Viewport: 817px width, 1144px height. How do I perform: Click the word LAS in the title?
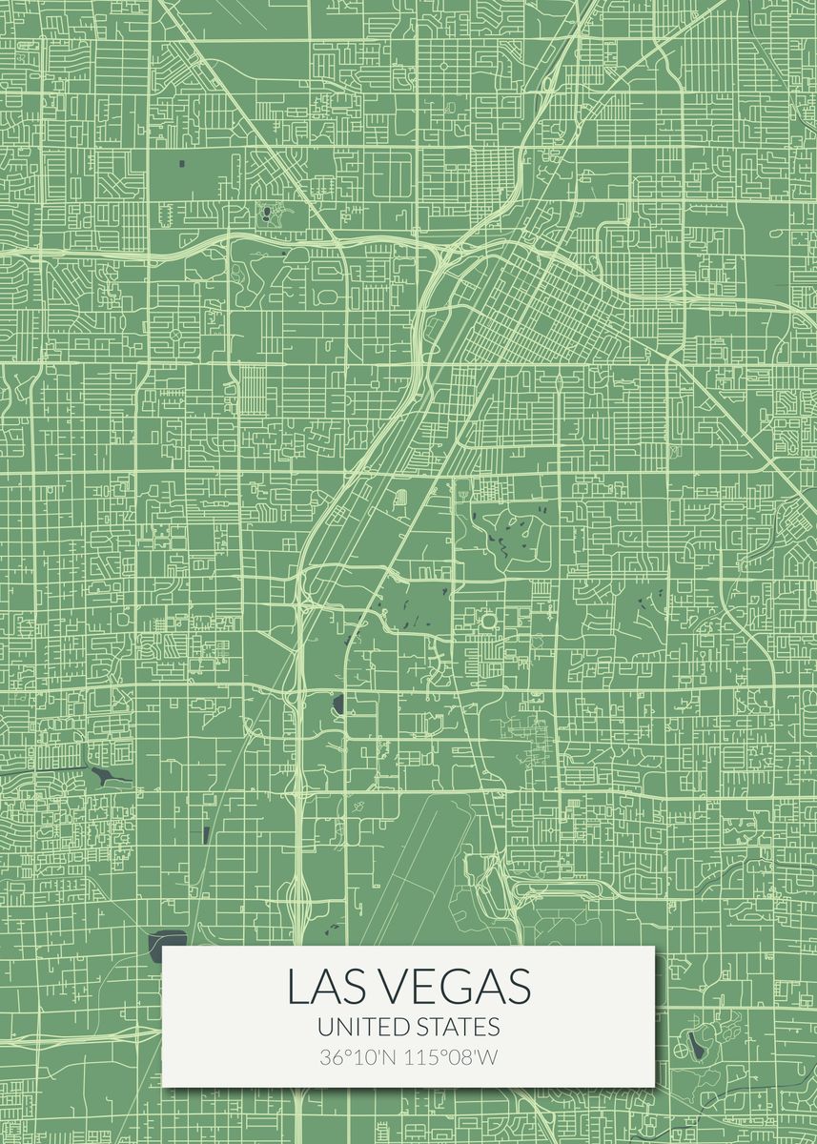(323, 987)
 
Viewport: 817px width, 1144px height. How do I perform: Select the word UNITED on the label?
(363, 1027)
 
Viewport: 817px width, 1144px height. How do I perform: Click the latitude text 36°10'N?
(355, 1057)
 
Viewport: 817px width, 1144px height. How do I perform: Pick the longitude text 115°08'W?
(447, 1057)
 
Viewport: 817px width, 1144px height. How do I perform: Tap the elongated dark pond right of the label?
(697, 1047)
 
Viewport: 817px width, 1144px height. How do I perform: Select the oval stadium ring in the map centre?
(489, 622)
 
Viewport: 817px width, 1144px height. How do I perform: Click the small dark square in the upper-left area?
(181, 164)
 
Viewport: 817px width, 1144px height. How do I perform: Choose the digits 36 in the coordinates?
(329, 1057)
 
